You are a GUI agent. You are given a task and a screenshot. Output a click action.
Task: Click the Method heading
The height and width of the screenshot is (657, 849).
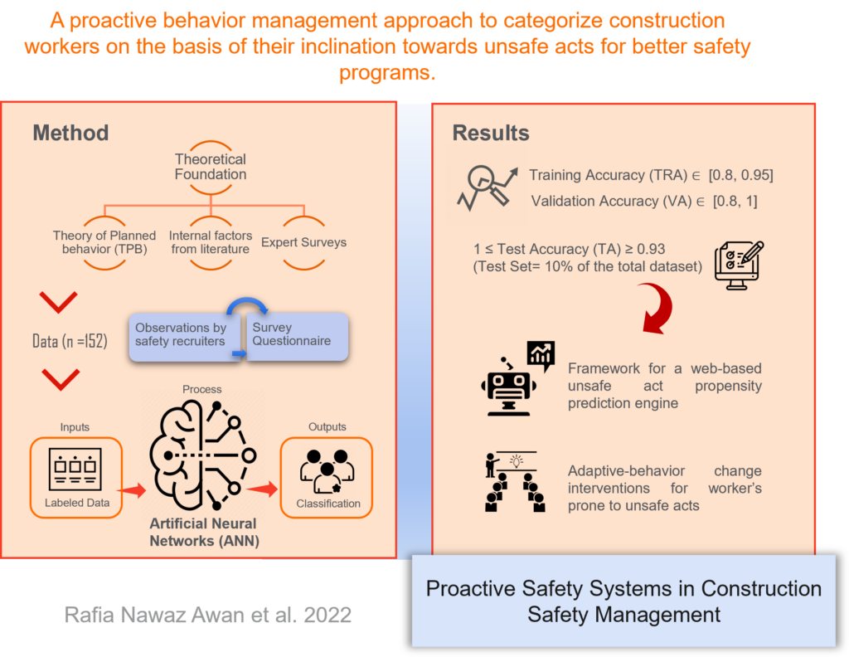[x=71, y=134]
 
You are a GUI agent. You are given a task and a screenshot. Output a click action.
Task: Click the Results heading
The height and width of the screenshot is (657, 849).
[x=491, y=134]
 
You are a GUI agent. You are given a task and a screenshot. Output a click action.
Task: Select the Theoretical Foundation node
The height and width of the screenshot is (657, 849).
[x=211, y=167]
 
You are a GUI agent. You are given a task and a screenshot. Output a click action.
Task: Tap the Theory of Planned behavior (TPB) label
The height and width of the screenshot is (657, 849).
[x=104, y=242]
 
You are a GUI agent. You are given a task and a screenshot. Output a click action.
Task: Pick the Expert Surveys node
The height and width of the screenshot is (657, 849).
[x=303, y=242]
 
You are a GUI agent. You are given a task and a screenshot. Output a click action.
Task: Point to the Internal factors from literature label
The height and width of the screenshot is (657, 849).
[x=211, y=242]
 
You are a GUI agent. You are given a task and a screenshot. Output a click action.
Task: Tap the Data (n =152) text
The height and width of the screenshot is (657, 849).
[x=70, y=341]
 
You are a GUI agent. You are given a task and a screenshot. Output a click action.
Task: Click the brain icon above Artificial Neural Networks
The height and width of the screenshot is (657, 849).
[x=202, y=455]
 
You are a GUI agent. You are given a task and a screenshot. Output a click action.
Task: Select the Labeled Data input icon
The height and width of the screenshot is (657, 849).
[x=75, y=469]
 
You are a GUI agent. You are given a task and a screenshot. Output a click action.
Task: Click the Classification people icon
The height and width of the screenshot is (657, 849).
[x=327, y=470]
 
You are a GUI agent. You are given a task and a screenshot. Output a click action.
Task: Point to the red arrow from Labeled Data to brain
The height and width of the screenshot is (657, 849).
[x=132, y=490]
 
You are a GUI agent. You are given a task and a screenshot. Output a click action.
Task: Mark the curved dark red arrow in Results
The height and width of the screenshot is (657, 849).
[x=662, y=307]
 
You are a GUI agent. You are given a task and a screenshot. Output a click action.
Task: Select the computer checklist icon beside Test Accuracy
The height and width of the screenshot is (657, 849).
[x=739, y=265]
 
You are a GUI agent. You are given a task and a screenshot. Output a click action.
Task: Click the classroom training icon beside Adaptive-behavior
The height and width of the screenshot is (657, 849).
[x=514, y=481]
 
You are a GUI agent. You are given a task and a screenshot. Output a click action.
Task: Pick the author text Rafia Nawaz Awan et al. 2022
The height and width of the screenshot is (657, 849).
[x=208, y=616]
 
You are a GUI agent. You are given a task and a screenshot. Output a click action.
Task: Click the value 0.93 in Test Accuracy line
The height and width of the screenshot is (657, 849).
[x=651, y=249]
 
